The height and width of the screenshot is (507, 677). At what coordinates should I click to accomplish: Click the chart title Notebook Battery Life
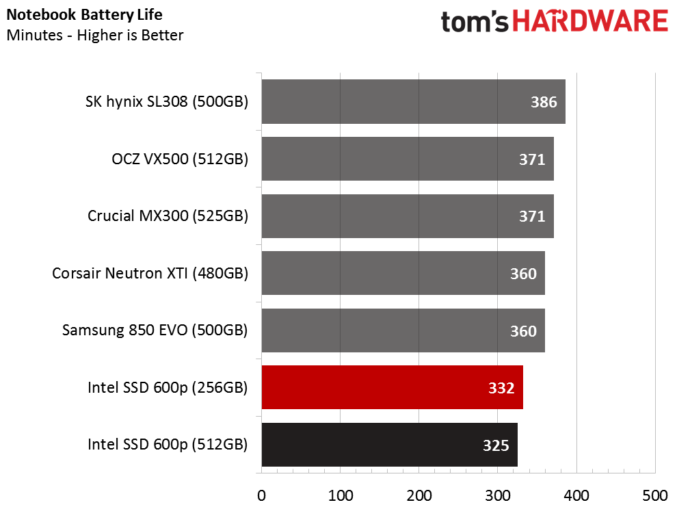[85, 14]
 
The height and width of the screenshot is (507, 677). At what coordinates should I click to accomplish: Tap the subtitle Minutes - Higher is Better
[95, 35]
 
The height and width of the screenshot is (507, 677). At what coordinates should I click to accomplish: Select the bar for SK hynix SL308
[413, 101]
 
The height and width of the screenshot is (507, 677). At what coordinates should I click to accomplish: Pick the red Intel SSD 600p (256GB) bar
[392, 387]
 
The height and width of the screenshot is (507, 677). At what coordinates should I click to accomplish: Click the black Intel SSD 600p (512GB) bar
[390, 445]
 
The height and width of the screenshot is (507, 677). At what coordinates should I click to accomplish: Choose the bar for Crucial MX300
[408, 216]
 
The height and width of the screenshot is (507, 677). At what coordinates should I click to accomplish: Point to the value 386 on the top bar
[544, 102]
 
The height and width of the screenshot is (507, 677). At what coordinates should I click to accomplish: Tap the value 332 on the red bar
[501, 388]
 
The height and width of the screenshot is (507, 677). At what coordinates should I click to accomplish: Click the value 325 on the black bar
[496, 445]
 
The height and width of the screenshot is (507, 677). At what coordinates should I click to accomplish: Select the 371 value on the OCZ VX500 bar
[532, 159]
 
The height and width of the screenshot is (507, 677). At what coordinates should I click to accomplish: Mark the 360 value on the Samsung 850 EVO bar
[523, 331]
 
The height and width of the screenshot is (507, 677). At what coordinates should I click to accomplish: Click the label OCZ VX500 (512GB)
[180, 159]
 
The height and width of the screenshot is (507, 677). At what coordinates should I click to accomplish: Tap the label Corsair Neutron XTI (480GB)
[150, 274]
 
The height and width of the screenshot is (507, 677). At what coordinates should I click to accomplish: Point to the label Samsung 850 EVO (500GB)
[155, 330]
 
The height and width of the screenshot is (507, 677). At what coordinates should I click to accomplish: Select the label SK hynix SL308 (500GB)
[167, 102]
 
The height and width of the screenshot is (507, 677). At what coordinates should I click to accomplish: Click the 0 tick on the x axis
[261, 495]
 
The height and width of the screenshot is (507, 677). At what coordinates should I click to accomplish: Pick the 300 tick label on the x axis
[497, 495]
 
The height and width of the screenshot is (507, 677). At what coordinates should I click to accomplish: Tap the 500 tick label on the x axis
[655, 495]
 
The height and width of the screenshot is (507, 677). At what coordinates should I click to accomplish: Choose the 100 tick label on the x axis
[341, 495]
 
